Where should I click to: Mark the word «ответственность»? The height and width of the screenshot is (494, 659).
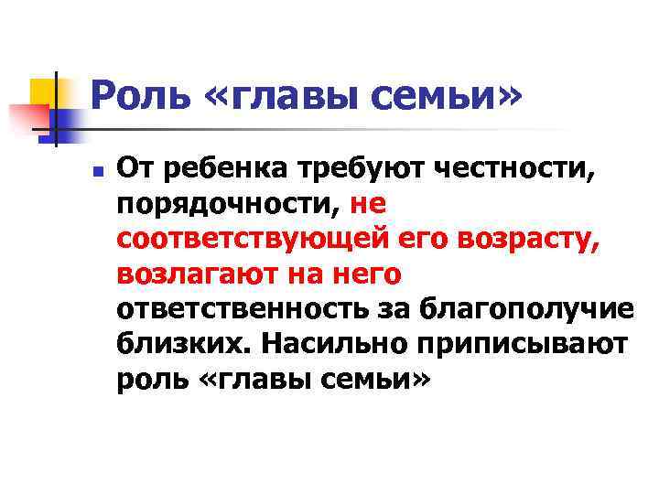click(242, 311)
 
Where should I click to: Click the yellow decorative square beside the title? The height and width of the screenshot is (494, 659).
click(42, 90)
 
